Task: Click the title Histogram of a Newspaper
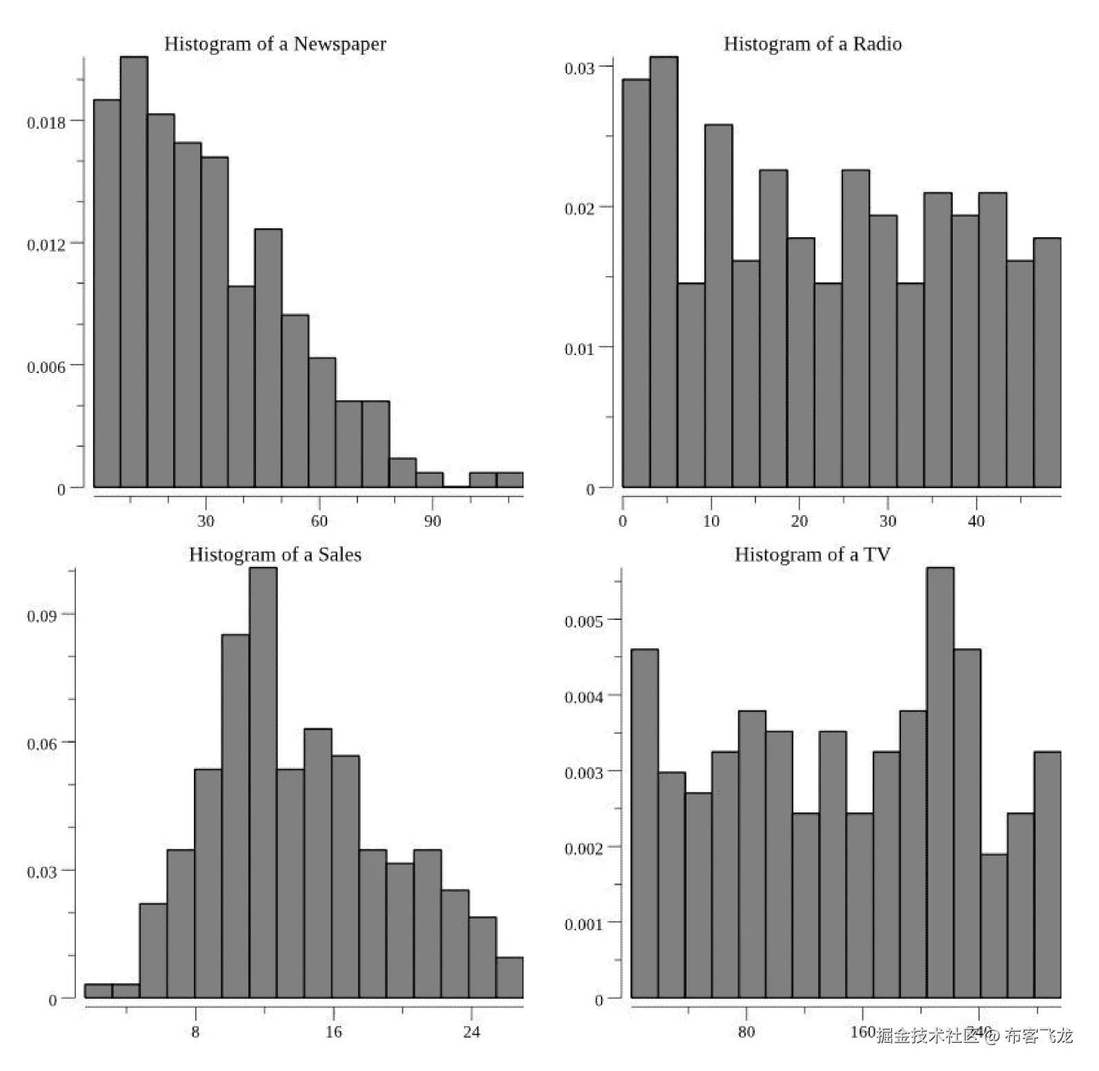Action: coord(275,44)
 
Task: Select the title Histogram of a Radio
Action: coord(812,44)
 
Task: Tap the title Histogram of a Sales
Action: coord(275,555)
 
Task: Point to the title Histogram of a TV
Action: coord(812,555)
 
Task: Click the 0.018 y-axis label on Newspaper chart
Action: coord(46,123)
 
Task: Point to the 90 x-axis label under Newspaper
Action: coord(432,521)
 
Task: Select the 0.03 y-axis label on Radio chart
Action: coord(579,68)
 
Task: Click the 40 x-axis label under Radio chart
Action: coord(976,521)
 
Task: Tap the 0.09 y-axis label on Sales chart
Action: coord(41,616)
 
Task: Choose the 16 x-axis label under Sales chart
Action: coord(333,1032)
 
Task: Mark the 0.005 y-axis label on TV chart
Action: coord(584,621)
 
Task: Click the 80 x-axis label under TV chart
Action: coord(746,1032)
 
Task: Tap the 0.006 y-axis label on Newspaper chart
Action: coord(46,367)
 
